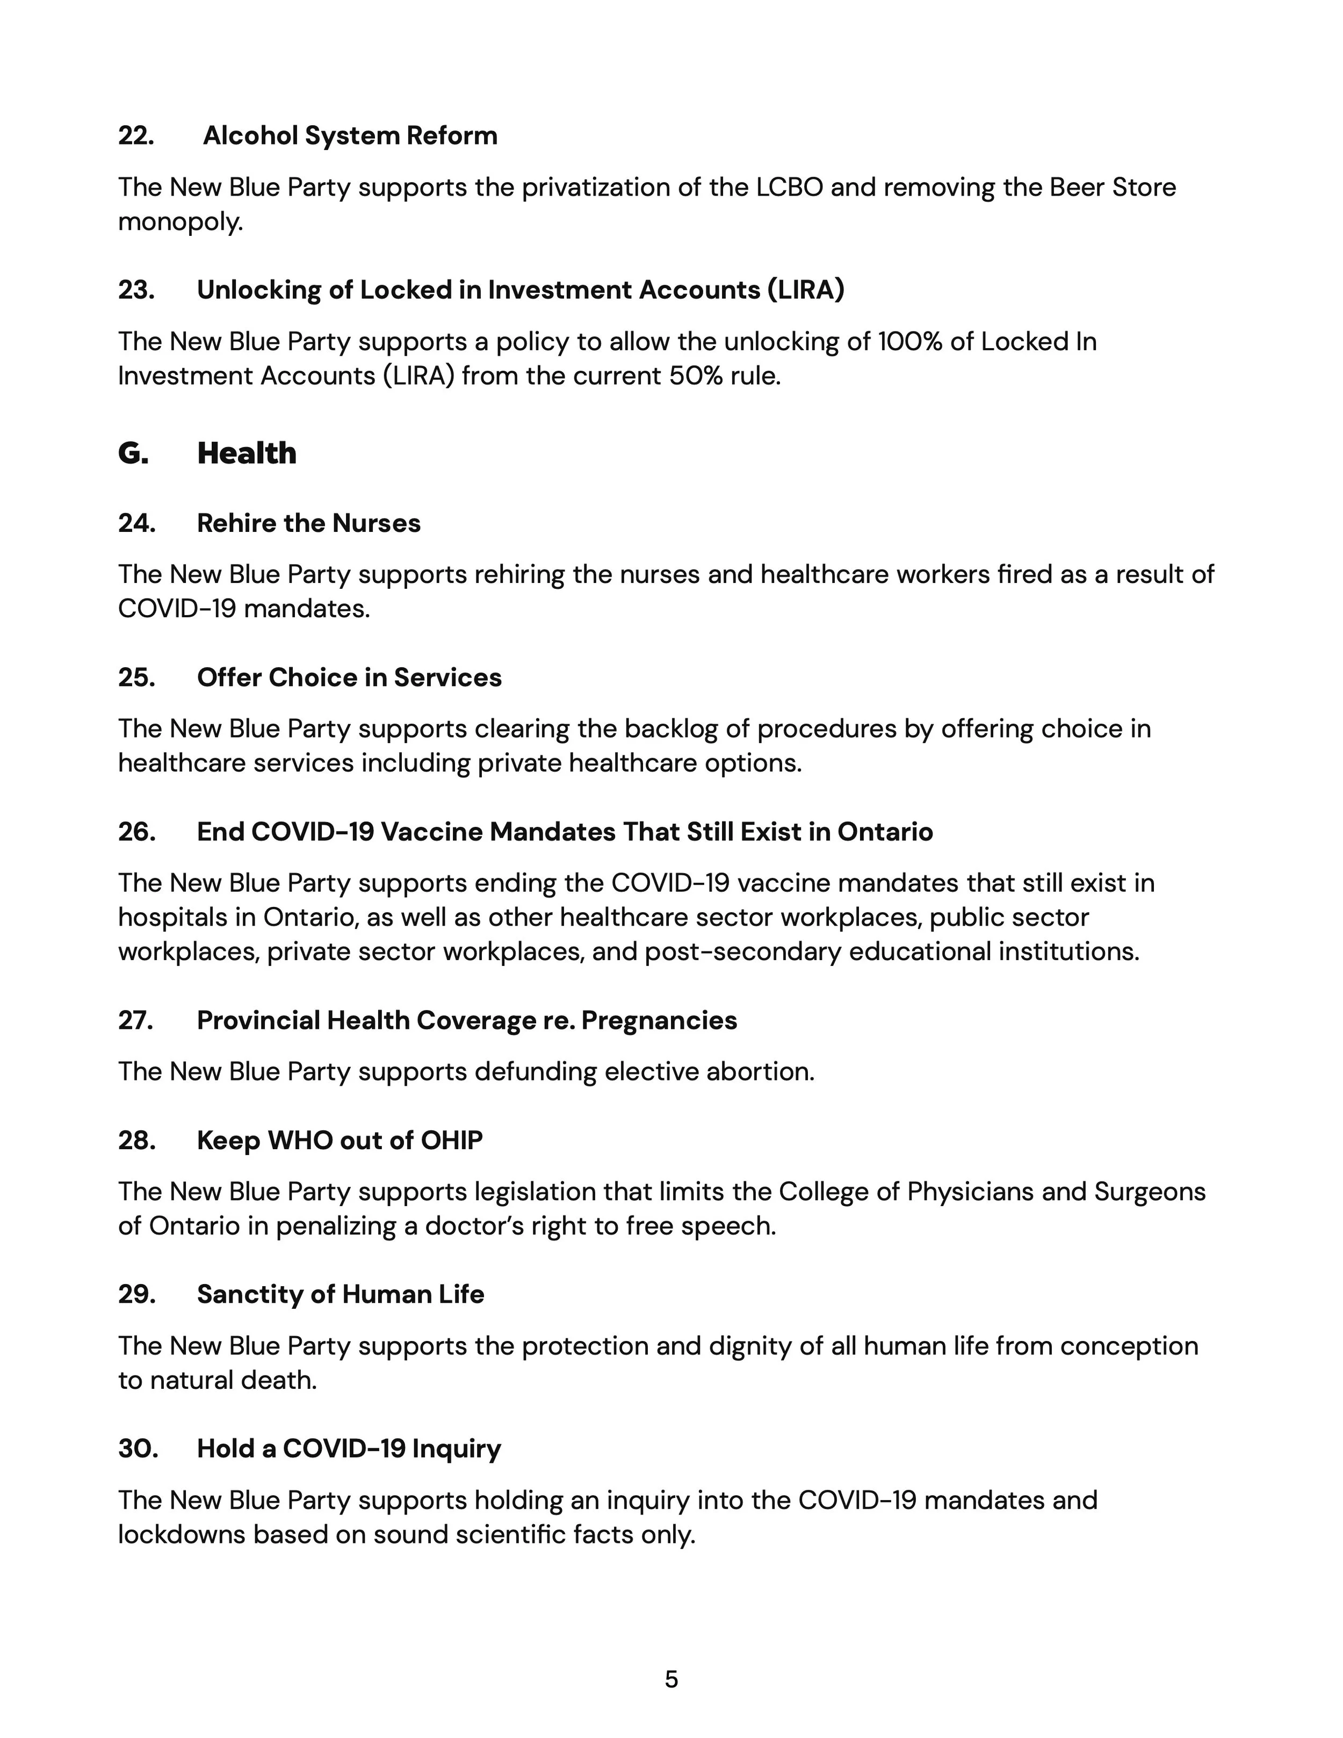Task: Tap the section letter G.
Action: pos(133,453)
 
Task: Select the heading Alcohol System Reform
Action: pos(350,136)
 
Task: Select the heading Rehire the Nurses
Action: pos(309,524)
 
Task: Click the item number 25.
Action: pos(136,678)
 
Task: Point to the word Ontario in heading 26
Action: pos(885,832)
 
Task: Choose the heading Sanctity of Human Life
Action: pos(341,1295)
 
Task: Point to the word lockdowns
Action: pos(182,1534)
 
